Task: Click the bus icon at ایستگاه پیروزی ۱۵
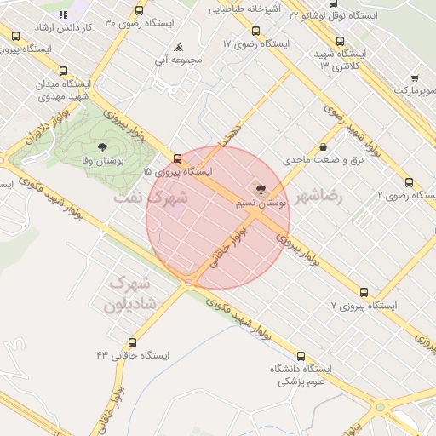coord(177,158)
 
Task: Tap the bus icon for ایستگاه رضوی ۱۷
coord(255,31)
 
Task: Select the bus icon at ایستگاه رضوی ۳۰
coord(140,11)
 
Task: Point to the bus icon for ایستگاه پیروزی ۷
coord(364,292)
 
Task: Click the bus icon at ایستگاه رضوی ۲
coord(410,183)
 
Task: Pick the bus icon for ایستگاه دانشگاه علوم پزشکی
coord(300,357)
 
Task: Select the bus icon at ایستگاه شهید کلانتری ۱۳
coord(341,41)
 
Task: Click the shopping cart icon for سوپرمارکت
coord(415,77)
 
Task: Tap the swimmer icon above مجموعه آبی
coord(178,49)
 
